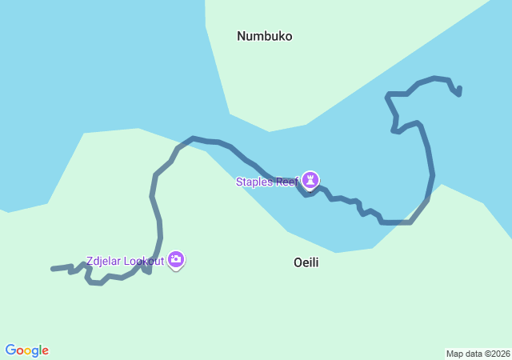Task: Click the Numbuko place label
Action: [x=264, y=36]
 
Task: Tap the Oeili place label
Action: [x=306, y=262]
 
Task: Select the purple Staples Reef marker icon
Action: [x=310, y=180]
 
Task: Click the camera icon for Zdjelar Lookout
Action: [x=176, y=259]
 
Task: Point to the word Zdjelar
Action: [x=105, y=261]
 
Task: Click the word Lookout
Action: [x=144, y=261]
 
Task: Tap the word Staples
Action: [x=254, y=182]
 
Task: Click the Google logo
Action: [x=26, y=350]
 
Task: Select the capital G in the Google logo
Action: [x=10, y=350]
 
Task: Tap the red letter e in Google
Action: [x=45, y=351]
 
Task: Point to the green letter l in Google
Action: [x=40, y=350]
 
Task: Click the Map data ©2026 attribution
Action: [x=478, y=354]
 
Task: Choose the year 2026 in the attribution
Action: [x=499, y=354]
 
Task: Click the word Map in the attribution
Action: [x=454, y=354]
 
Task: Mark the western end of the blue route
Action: [x=53, y=269]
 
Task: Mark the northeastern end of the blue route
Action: [x=460, y=88]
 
